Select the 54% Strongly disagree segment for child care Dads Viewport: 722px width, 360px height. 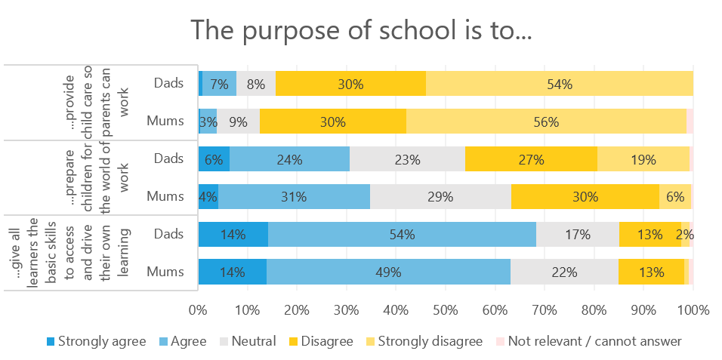(560, 84)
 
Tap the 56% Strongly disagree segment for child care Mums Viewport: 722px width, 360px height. (546, 121)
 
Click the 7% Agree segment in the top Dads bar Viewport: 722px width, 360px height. (219, 84)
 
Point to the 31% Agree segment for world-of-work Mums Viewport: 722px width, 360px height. (294, 196)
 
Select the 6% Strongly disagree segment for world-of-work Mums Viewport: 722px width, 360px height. (674, 196)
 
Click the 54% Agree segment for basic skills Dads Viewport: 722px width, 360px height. (402, 234)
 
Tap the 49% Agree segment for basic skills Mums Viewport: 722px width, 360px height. (388, 272)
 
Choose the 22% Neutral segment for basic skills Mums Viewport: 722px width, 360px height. (564, 272)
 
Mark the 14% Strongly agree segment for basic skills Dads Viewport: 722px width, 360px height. (233, 234)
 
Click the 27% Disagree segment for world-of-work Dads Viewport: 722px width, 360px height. (531, 159)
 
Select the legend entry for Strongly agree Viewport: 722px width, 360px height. (96, 341)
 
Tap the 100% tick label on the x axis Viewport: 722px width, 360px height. (693, 309)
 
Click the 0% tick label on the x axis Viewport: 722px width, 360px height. (199, 309)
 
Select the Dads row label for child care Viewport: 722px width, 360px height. (168, 84)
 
